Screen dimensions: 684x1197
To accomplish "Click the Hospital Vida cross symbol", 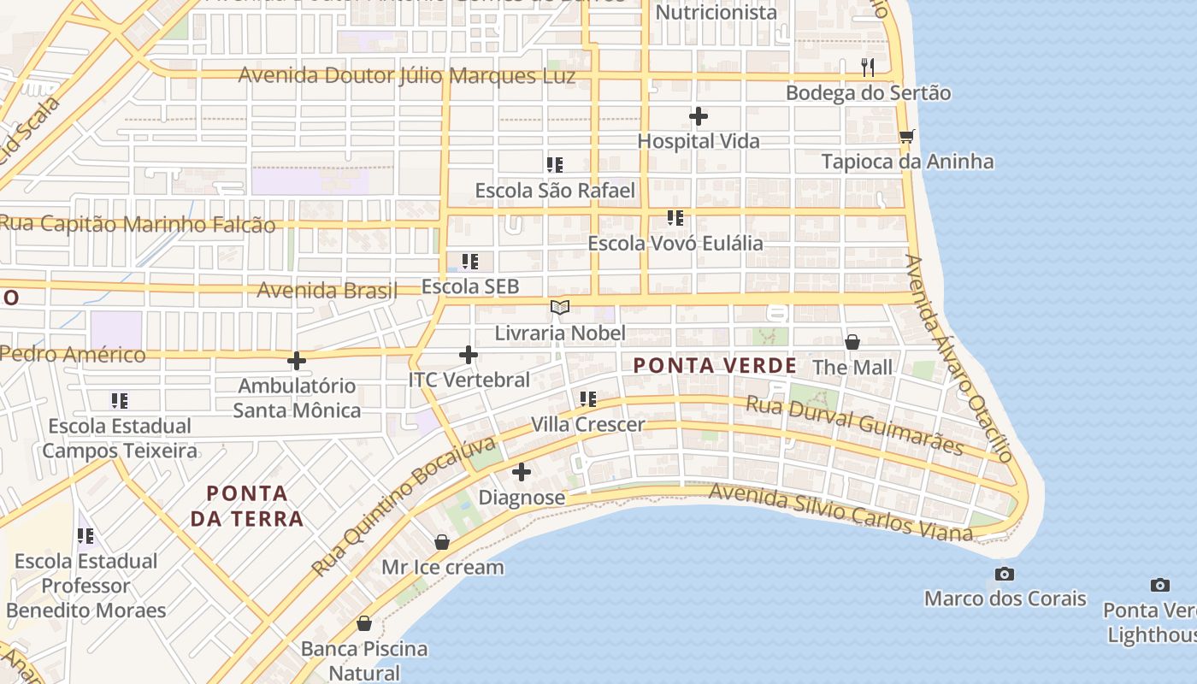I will pos(699,116).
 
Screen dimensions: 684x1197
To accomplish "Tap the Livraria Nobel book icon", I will pos(560,307).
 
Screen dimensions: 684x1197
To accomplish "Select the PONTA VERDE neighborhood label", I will pos(715,366).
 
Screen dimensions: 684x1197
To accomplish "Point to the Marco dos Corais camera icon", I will pos(1005,573).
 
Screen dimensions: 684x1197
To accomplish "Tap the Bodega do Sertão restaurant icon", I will pos(868,67).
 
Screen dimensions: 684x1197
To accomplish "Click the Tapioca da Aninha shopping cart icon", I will pos(907,136).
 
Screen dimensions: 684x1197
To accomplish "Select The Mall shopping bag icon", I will pos(852,342).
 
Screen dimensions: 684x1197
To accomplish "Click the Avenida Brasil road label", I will pos(327,290).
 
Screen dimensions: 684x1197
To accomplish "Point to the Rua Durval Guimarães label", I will pos(854,425).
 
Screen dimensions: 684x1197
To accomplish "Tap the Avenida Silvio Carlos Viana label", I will pos(840,511).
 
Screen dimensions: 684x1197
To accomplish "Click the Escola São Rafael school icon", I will pos(555,164).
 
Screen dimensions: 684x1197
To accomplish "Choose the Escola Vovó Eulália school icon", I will pos(675,218).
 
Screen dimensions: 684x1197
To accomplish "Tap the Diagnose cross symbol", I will pos(522,472).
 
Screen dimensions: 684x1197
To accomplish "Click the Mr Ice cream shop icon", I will pos(442,542).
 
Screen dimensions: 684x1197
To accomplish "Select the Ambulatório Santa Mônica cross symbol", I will pos(297,361).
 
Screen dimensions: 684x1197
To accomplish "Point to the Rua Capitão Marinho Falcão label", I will pos(139,224).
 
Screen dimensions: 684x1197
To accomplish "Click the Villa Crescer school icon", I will pos(588,398).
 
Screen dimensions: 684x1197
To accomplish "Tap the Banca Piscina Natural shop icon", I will pos(364,623).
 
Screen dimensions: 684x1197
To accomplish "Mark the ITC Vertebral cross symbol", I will pos(469,354).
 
